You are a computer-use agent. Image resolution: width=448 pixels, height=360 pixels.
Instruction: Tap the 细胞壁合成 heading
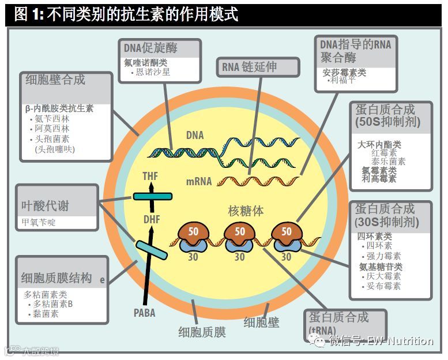pos(55,80)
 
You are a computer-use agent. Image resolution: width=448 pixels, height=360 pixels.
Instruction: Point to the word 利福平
pos(344,81)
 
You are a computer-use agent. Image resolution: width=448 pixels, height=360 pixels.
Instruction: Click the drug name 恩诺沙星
pos(152,73)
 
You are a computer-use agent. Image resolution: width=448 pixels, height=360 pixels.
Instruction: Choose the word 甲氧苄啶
pos(39,222)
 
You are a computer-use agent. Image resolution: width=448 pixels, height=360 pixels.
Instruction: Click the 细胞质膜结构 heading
pos(56,277)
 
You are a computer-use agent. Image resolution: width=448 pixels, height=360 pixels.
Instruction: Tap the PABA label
pos(145,313)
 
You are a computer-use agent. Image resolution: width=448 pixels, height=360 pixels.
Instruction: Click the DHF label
pos(152,219)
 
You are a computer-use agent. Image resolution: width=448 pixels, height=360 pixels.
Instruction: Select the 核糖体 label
pos(246,211)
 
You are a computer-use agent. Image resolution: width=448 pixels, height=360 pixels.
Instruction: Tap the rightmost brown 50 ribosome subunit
pos(286,231)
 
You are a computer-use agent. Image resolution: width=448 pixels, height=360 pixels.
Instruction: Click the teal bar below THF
pos(152,197)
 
